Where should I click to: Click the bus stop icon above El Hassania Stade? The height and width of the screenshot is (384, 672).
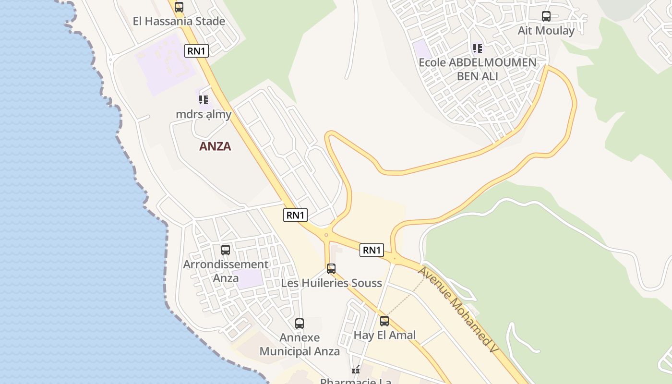[x=179, y=7]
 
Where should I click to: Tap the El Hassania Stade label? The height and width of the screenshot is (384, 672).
[x=179, y=21]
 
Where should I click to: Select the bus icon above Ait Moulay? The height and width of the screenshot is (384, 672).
[x=546, y=16]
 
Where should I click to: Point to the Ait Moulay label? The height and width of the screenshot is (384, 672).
[x=546, y=31]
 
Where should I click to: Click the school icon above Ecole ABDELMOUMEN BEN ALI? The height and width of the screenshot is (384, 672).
[x=477, y=48]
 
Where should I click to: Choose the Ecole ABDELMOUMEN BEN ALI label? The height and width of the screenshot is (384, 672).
[x=477, y=69]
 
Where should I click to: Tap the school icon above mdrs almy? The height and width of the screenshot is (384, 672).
[x=204, y=100]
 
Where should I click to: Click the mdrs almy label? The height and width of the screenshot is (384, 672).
[x=204, y=114]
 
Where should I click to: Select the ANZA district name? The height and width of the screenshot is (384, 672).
[x=215, y=146]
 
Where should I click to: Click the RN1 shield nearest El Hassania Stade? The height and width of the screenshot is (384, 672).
[x=196, y=51]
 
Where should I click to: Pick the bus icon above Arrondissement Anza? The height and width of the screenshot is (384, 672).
[x=226, y=250]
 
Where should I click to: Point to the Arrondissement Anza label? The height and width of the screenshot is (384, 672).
[x=226, y=271]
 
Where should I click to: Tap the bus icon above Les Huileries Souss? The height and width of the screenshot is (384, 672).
[x=331, y=269]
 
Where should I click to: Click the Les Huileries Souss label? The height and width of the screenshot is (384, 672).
[x=331, y=283]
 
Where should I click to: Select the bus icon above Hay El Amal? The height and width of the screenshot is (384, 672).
[x=384, y=321]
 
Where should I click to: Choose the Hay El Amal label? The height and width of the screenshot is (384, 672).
[x=384, y=335]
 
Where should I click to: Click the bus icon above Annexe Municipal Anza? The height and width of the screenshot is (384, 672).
[x=300, y=324]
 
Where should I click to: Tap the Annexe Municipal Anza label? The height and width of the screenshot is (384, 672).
[x=300, y=344]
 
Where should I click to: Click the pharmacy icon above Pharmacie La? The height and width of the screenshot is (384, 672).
[x=356, y=370]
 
